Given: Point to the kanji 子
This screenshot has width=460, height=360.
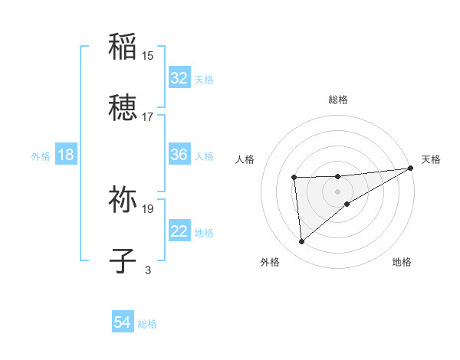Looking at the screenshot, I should pos(123,260).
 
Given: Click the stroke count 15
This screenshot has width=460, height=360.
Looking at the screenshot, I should pos(148,55).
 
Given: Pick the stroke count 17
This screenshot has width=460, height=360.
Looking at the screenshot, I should pos(148,116).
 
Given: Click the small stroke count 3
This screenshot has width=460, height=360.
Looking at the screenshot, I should pos(148,270).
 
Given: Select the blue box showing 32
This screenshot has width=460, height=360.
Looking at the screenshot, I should pos(179,78).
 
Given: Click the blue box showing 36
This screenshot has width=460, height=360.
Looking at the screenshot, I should pos(179,155).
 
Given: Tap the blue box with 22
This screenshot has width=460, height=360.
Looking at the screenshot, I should pos(179,231).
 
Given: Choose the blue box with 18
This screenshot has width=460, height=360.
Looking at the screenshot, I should pos(66,155).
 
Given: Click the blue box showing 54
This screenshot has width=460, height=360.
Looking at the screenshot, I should pos(123,323).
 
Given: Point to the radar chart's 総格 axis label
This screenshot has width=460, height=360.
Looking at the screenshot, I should pos(338,100).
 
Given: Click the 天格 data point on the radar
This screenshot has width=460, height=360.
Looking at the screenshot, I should pos(411,168).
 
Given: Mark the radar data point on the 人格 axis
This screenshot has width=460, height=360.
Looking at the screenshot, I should pos(294,178).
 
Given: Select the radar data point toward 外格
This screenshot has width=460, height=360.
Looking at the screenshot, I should pos(302,241).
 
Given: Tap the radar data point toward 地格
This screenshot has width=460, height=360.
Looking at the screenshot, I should pos(347,204).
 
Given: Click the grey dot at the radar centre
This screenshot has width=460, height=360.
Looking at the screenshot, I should pos(338,190).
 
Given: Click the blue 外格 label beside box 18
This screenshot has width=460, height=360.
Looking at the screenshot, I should pos(40,155).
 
